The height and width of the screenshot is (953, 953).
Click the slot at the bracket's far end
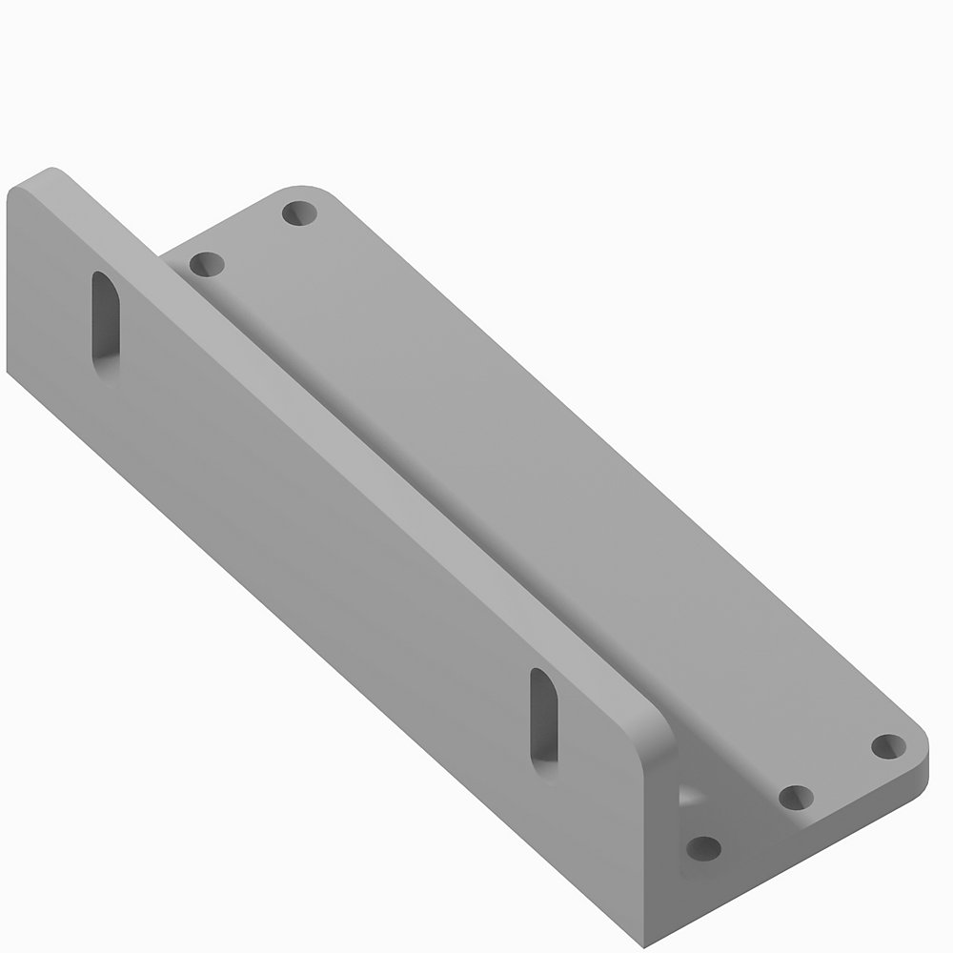[106, 327]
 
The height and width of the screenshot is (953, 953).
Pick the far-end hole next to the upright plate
[206, 262]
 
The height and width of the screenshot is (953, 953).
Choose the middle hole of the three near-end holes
[796, 796]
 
